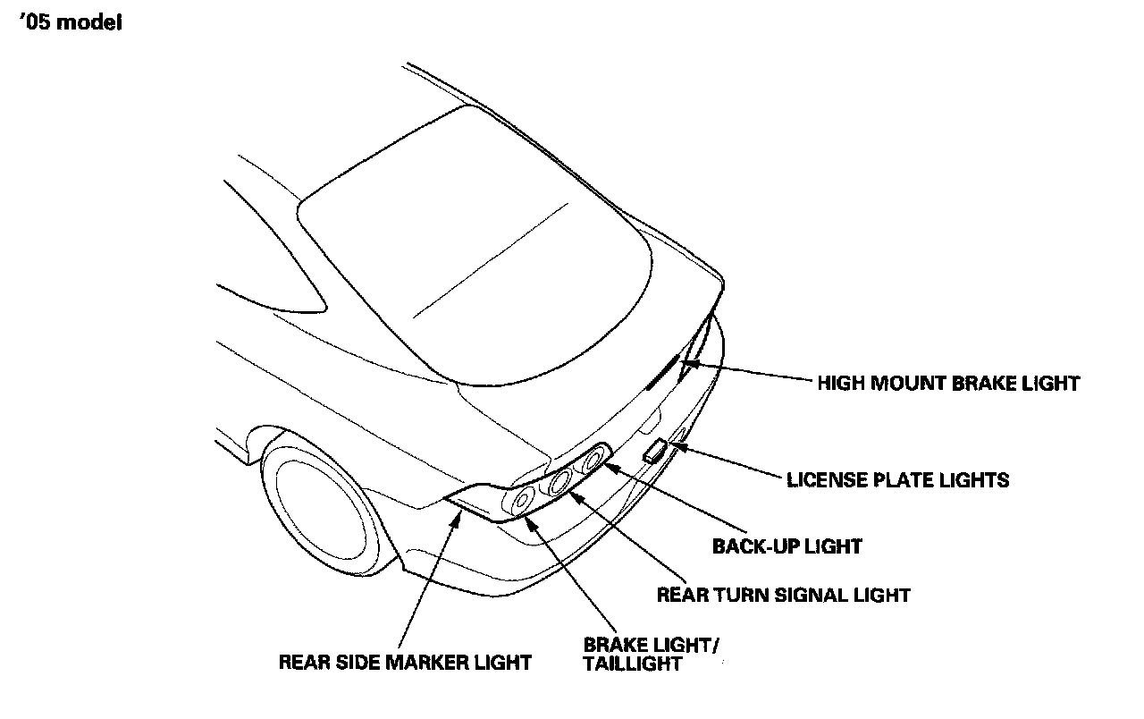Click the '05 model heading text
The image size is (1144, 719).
71,23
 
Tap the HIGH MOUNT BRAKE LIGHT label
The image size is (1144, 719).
948,384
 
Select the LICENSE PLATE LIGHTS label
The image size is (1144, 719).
897,480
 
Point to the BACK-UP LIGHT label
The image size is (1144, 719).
786,546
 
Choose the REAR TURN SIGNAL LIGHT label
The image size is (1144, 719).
783,595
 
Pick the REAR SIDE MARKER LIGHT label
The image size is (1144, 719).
405,663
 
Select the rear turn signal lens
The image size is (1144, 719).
560,484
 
